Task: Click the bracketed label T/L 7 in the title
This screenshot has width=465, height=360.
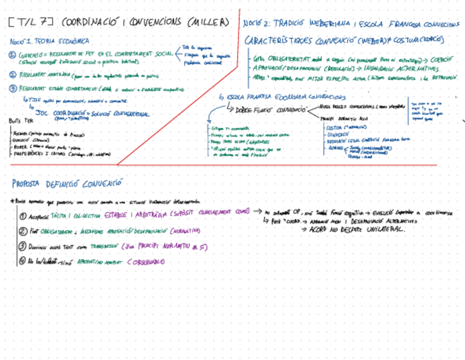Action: coord(31,23)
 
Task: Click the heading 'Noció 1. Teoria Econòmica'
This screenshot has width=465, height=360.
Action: coord(50,41)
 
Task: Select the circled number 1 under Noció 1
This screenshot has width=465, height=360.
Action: coord(13,54)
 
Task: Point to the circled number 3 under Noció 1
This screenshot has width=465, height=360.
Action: coord(13,87)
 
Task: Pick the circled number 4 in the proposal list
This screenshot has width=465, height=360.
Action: coord(22,261)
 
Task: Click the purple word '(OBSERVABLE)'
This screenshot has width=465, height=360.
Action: coord(145,262)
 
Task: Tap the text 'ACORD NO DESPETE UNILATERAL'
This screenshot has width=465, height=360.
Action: coord(356,229)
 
